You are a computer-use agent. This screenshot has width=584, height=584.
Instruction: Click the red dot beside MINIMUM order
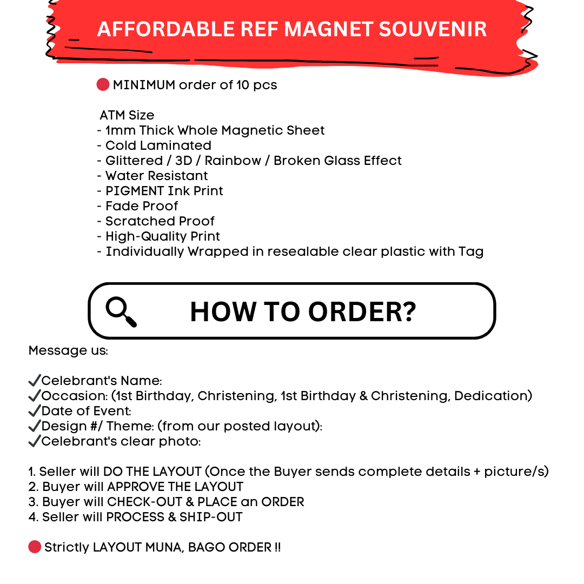click(x=103, y=84)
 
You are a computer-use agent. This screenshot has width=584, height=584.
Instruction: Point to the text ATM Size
click(x=127, y=115)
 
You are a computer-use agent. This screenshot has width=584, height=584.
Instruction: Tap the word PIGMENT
click(x=135, y=191)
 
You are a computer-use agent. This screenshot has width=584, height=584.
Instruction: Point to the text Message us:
click(x=68, y=350)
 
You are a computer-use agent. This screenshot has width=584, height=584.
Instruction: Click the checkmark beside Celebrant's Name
click(x=35, y=381)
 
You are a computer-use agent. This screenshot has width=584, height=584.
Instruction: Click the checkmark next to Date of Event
click(x=35, y=411)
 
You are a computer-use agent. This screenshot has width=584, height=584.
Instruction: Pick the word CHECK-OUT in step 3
click(x=145, y=502)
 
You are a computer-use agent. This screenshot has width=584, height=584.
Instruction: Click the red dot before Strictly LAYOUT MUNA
click(x=35, y=547)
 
